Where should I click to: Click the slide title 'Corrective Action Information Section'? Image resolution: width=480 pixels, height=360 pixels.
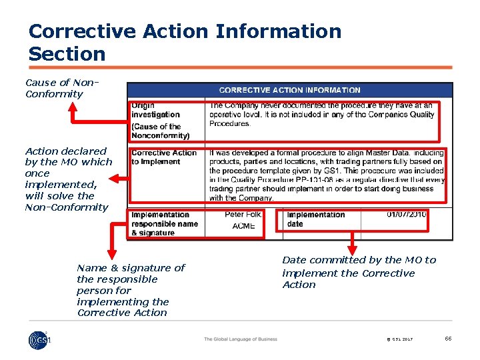[185, 42]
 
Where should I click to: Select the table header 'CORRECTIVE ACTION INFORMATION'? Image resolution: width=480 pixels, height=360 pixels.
[289, 90]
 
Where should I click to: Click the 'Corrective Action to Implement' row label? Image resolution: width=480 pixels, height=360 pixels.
[164, 157]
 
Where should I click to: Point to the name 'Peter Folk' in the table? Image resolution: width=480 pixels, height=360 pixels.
[244, 215]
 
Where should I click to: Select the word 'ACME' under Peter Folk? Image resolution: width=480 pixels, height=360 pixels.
[244, 227]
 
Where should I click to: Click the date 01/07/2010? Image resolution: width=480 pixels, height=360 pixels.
[407, 215]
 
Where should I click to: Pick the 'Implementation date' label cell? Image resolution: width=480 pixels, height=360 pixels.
[315, 219]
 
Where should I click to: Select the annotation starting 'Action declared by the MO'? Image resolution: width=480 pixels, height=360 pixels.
[67, 179]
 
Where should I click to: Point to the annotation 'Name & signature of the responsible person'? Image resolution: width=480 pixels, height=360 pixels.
[131, 289]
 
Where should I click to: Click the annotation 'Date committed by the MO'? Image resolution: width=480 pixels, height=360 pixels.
[358, 272]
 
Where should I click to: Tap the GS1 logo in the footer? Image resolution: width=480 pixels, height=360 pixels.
[39, 339]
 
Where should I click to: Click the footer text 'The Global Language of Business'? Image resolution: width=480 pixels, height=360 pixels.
[240, 339]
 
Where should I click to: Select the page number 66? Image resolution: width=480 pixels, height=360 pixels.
[448, 339]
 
